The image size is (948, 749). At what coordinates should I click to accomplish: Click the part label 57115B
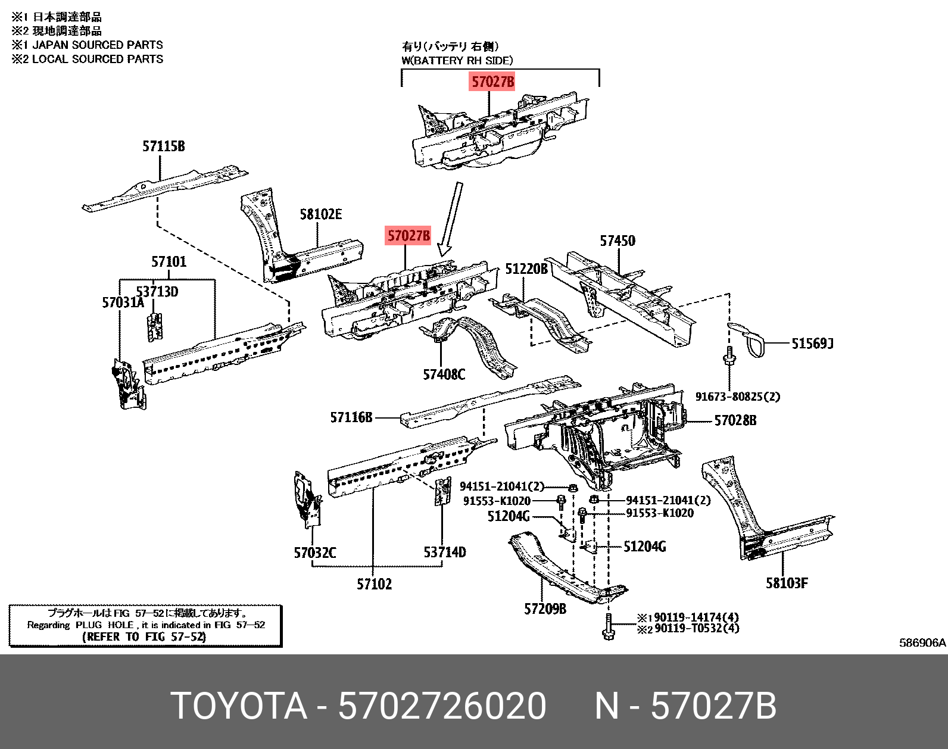[x=163, y=146]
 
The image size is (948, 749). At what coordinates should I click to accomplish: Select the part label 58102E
[x=320, y=214]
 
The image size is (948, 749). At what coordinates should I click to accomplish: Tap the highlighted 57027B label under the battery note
[x=492, y=82]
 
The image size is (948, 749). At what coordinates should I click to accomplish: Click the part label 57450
[x=618, y=241]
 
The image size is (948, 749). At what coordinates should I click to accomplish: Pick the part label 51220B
[x=526, y=269]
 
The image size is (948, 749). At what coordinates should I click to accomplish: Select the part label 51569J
[x=812, y=344]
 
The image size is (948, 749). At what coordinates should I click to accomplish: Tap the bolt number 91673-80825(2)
[x=737, y=397]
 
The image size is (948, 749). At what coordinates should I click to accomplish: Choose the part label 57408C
[x=444, y=374]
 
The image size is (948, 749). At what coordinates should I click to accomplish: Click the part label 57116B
[x=351, y=418]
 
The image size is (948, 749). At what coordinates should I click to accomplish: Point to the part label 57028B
[x=735, y=420]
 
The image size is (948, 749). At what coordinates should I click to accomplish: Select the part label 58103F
[x=787, y=583]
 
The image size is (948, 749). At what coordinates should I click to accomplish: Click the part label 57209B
[x=545, y=609]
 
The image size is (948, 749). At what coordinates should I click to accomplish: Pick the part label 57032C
[x=314, y=553]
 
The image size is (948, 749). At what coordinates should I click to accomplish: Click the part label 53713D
[x=157, y=292]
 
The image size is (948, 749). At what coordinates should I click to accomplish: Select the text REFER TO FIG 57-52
[x=145, y=637]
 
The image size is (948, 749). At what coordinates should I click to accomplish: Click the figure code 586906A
[x=922, y=642]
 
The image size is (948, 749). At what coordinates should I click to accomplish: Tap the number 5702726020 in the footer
[x=442, y=707]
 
